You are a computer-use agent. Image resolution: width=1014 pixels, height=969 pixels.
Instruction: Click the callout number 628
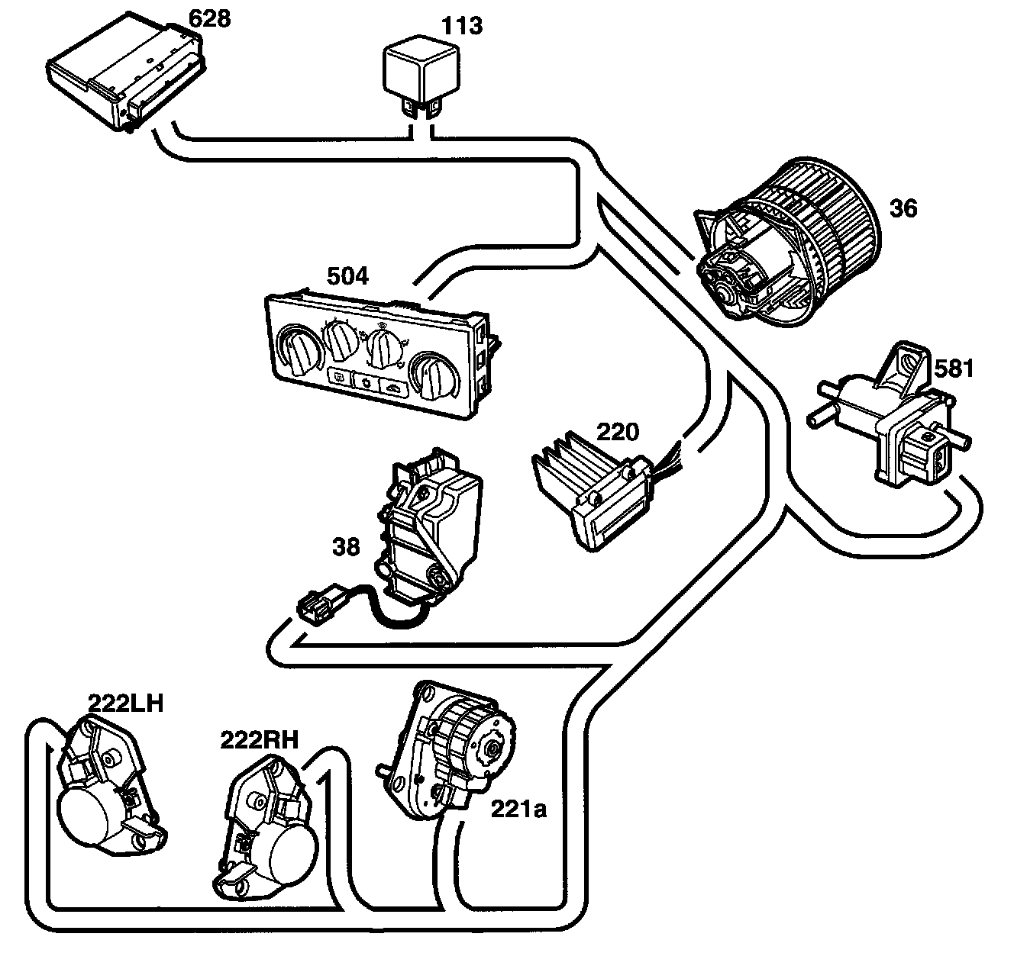[209, 19]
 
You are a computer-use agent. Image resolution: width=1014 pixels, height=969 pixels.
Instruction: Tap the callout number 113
[462, 26]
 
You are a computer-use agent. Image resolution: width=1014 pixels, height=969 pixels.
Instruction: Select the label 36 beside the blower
[903, 208]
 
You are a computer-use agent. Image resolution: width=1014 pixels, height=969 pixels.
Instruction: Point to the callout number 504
[347, 276]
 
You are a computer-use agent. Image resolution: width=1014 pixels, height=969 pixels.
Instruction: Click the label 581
[954, 368]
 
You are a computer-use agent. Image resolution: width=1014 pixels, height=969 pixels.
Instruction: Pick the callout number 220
[618, 432]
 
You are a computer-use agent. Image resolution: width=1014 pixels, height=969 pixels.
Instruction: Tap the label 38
[346, 547]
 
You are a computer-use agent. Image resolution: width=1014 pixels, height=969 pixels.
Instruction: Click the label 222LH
[125, 703]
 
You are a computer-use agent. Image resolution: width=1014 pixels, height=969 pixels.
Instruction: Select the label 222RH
[260, 740]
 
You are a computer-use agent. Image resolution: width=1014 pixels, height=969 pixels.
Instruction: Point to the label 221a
[519, 809]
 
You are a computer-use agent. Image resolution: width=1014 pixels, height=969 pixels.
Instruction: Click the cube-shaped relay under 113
[421, 76]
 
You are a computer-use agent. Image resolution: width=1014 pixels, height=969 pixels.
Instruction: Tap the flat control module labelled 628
[126, 76]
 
